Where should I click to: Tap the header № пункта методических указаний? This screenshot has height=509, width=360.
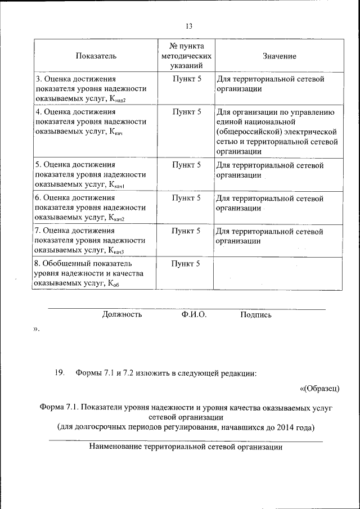coord(186,56)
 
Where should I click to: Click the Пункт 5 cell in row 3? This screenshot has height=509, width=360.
coord(186,79)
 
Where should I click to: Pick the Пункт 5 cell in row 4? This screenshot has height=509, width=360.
coord(186,112)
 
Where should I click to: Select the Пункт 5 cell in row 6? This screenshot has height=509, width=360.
coord(186,198)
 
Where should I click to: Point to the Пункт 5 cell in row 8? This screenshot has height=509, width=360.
coord(186,263)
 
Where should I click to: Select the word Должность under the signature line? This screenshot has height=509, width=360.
coord(122,315)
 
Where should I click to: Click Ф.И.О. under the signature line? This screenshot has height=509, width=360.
coord(194,315)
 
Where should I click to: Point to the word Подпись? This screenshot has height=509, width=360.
coord(256,315)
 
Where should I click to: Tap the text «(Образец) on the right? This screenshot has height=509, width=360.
coord(319,388)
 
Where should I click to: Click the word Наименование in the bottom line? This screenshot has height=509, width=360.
coord(115,448)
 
